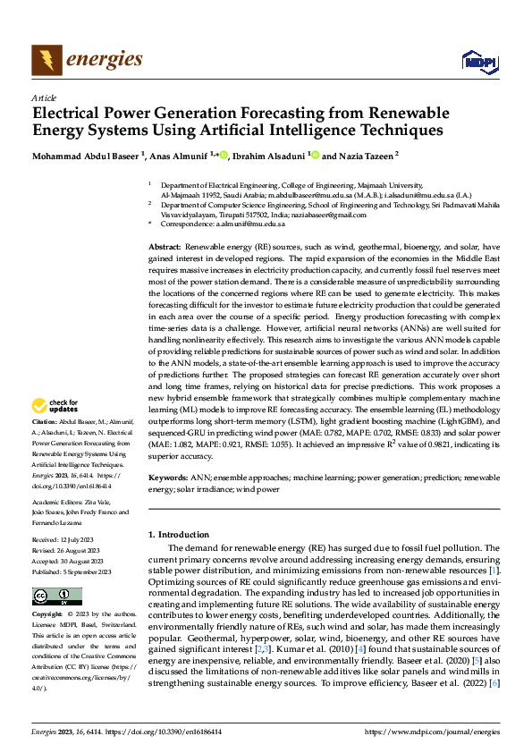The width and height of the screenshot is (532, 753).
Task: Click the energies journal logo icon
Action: click(x=46, y=61)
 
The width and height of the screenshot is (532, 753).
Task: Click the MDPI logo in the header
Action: click(x=479, y=61)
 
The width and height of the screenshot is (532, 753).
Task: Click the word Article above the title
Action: click(x=44, y=97)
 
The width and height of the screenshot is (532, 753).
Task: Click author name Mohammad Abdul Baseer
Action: click(x=89, y=156)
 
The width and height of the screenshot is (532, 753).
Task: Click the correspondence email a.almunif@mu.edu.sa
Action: click(x=248, y=224)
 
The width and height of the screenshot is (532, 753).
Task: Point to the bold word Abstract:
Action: click(x=165, y=246)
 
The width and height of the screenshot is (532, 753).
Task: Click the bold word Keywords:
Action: click(x=168, y=478)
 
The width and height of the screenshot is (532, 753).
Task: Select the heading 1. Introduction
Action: click(x=183, y=534)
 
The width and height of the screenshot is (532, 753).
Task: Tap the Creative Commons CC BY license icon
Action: click(x=57, y=596)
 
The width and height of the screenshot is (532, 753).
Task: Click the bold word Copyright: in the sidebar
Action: click(x=47, y=615)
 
